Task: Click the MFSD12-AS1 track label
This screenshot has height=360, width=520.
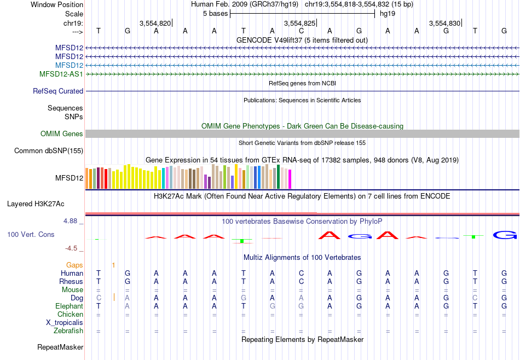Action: (61, 74)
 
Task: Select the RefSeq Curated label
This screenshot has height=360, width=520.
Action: (58, 91)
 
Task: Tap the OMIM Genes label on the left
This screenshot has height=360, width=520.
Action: (62, 134)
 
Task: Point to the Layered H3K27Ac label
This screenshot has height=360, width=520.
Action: (36, 204)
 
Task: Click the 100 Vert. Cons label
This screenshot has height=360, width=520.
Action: (31, 234)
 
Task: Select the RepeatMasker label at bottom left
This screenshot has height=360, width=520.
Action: (60, 347)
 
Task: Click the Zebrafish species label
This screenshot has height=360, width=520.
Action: (68, 331)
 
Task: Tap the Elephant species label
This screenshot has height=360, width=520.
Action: (69, 306)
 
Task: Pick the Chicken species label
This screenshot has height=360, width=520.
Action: (70, 315)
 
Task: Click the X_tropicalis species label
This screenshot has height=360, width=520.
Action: (65, 323)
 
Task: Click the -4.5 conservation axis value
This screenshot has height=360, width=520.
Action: (72, 248)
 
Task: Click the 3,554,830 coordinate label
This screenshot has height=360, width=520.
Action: (445, 24)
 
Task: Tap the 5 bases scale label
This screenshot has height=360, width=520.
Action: (215, 14)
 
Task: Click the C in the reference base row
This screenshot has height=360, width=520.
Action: (301, 31)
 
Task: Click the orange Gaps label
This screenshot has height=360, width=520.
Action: (74, 265)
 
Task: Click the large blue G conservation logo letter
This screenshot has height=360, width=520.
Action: (504, 235)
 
